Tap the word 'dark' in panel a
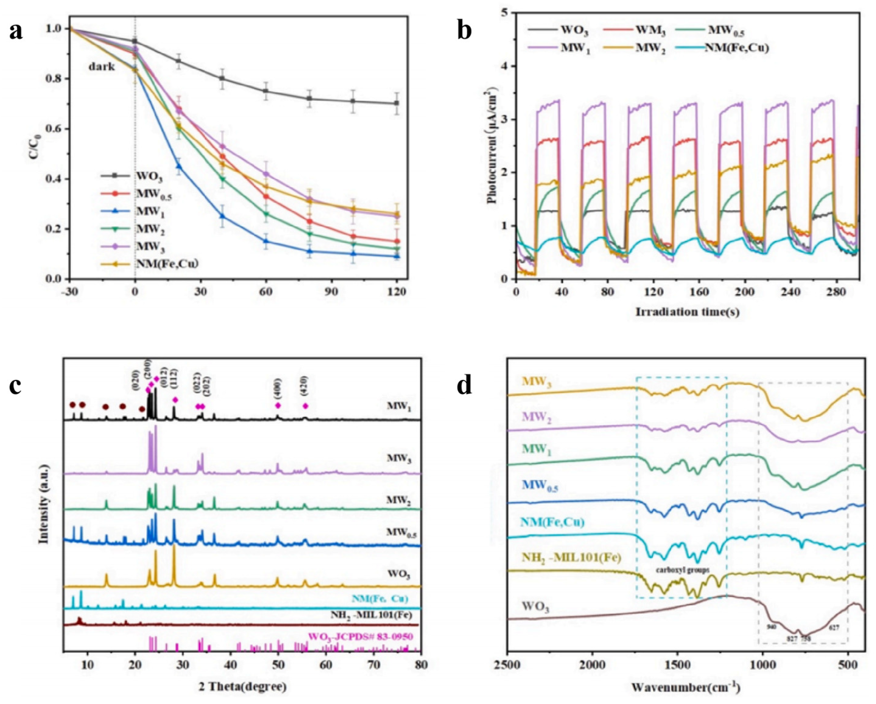click(x=102, y=66)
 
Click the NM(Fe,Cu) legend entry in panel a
click(x=166, y=264)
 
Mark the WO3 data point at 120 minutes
click(x=397, y=103)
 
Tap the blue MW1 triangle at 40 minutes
click(x=222, y=216)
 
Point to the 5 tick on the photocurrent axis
click(x=505, y=13)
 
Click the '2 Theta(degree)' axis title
click(x=243, y=687)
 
